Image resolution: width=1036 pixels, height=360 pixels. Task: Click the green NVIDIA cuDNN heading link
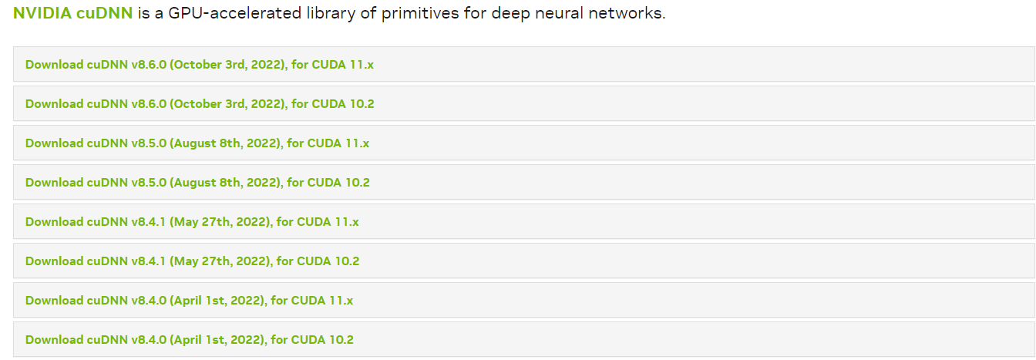pyautogui.click(x=72, y=14)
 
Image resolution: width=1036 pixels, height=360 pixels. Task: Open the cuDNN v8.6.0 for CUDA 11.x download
pyautogui.click(x=200, y=65)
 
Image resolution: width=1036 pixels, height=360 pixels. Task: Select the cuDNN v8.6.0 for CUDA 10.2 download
pyautogui.click(x=200, y=104)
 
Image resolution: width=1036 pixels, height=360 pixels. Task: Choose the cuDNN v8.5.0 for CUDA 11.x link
pyautogui.click(x=197, y=143)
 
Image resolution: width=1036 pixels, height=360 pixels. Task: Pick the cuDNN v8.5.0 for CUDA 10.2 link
pyautogui.click(x=197, y=183)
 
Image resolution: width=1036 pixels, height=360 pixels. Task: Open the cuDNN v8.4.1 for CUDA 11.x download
pyautogui.click(x=192, y=222)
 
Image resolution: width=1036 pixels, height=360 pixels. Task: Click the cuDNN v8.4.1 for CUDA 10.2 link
pyautogui.click(x=192, y=261)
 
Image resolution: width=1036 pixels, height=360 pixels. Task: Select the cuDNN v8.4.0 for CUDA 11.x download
pyautogui.click(x=189, y=301)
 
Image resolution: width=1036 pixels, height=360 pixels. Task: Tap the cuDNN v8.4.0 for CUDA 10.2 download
pyautogui.click(x=189, y=340)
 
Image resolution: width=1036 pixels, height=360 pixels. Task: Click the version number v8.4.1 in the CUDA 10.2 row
pyautogui.click(x=146, y=261)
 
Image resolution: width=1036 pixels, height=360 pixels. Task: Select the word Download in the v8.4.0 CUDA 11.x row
pyautogui.click(x=54, y=301)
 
